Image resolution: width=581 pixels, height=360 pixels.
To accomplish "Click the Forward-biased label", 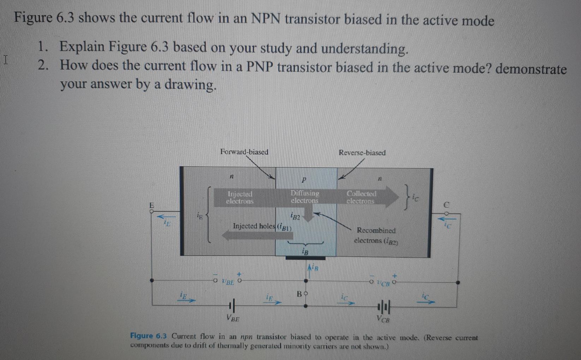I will [x=244, y=152].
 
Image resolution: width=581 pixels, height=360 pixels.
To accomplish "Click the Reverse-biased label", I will [x=362, y=153].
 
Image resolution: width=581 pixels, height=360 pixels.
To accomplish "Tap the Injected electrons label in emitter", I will [x=240, y=198].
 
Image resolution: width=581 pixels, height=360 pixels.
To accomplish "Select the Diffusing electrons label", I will [x=305, y=197].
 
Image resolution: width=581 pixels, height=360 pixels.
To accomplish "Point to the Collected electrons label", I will [x=361, y=197].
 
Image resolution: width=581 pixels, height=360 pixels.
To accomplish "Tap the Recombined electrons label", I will [x=376, y=235].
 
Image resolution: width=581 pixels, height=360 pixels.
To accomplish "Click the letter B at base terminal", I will [x=299, y=294].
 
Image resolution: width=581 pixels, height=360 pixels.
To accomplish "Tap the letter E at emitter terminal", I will [x=152, y=205].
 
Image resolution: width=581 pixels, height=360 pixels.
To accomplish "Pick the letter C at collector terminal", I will [x=446, y=205].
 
